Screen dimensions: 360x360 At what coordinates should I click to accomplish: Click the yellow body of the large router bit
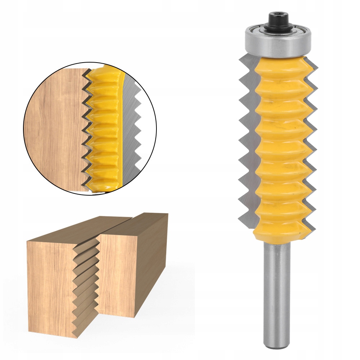pos(279,144)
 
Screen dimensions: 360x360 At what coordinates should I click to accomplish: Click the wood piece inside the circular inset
pos(54,129)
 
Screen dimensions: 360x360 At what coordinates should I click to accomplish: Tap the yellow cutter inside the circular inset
pos(104,129)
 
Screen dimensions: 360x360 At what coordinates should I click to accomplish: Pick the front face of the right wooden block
pos(117,270)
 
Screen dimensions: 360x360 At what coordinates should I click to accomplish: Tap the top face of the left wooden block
pos(72,230)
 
